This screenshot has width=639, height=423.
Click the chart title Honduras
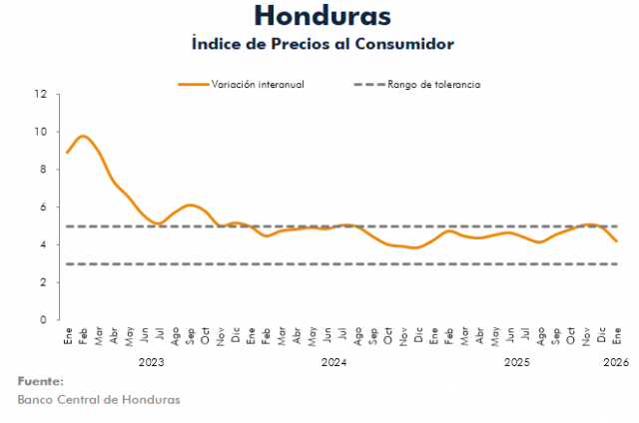pos(321,16)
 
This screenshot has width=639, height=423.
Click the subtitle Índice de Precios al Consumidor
pos(321,44)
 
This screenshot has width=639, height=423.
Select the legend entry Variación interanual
pos(257,85)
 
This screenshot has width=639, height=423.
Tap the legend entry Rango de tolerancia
pos(434,85)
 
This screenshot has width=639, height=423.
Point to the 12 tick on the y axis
pos(40,94)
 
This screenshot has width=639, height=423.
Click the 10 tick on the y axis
pos(40,132)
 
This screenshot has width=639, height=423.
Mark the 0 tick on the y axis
pos(43,320)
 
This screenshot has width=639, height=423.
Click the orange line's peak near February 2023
pos(83,136)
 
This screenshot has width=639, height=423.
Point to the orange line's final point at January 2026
pos(617,241)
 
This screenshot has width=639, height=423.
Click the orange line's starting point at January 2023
pos(67,153)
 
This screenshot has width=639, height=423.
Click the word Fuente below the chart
pos(41,382)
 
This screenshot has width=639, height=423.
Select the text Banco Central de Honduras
pos(99,400)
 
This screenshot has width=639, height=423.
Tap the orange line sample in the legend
pos(192,85)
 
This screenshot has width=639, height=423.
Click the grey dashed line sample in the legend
pos(368,85)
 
